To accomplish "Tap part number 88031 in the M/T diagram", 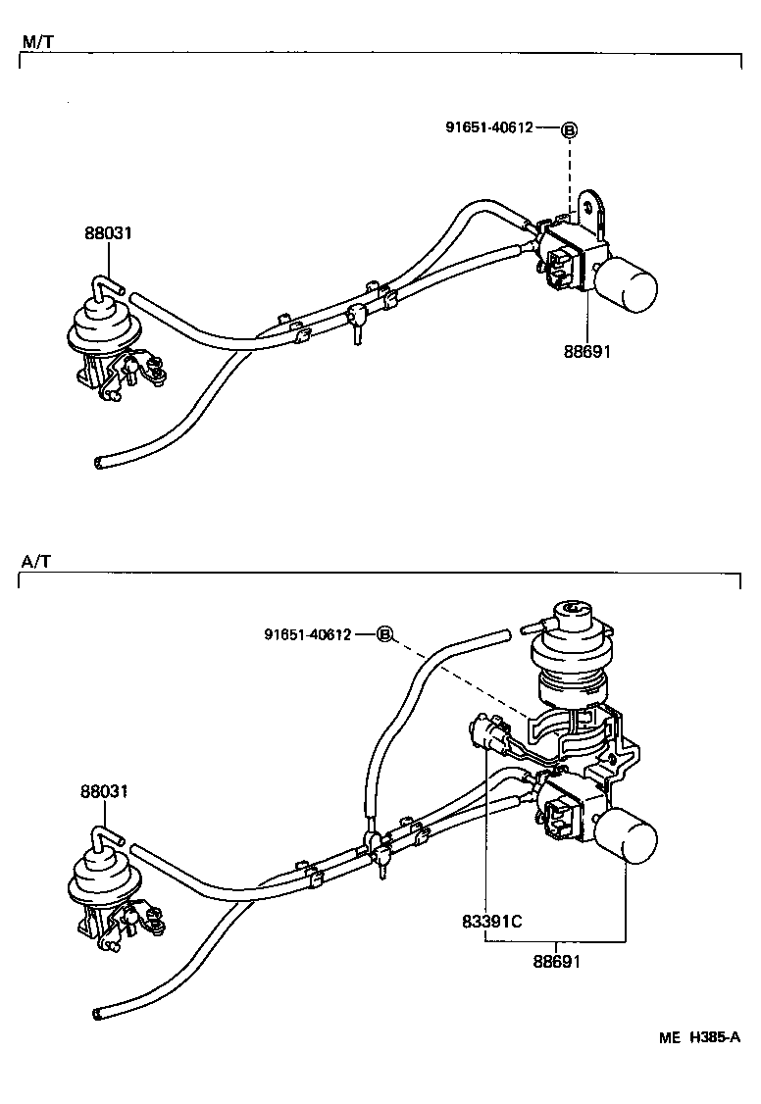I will click(107, 233).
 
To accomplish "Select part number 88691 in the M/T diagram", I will click(586, 350).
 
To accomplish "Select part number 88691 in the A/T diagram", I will click(557, 961).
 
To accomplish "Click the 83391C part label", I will click(491, 922).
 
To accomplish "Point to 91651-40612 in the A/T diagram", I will click(307, 634).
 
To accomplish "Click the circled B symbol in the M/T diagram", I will click(569, 129).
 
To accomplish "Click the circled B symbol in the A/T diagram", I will click(385, 634).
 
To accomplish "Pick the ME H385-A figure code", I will click(699, 1037).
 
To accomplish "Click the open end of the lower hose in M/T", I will click(97, 462).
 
